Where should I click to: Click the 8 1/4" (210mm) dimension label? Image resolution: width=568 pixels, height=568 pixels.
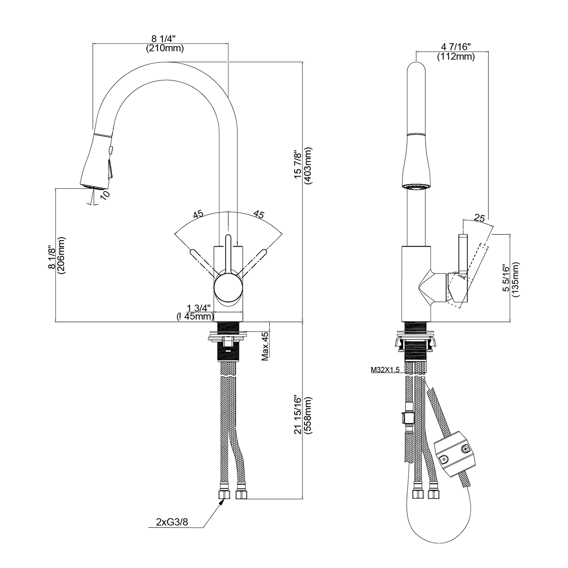click(164, 44)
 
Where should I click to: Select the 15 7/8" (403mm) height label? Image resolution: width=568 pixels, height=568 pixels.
click(303, 165)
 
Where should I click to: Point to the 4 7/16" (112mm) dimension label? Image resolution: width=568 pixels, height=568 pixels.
click(456, 52)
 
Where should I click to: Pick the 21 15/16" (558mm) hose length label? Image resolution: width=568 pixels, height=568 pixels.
click(303, 415)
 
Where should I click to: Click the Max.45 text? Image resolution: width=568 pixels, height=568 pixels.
click(265, 346)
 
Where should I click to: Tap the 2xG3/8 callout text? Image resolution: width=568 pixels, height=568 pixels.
click(172, 522)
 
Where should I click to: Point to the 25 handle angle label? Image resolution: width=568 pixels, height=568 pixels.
click(479, 218)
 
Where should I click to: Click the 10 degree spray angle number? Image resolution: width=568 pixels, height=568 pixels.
click(105, 195)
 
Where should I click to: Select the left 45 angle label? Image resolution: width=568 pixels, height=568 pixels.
click(198, 214)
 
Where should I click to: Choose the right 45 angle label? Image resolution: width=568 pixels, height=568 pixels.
click(259, 214)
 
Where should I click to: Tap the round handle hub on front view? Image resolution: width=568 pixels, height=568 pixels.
click(228, 287)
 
